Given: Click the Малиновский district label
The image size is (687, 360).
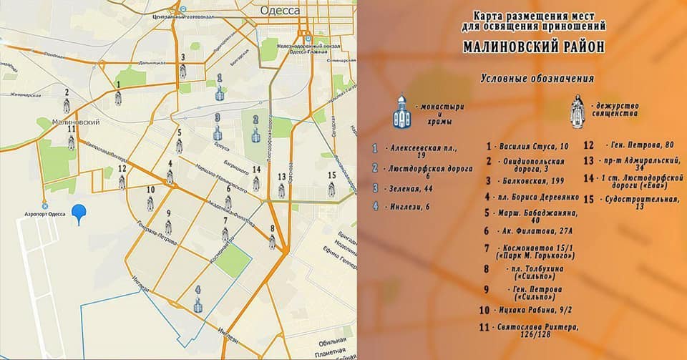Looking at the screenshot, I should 77,122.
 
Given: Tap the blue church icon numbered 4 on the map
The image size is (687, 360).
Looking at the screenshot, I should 198,303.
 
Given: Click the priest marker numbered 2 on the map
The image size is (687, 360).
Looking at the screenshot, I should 67,106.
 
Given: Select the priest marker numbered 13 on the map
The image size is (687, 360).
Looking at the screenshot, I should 281,190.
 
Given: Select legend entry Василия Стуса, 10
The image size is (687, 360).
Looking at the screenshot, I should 534,146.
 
